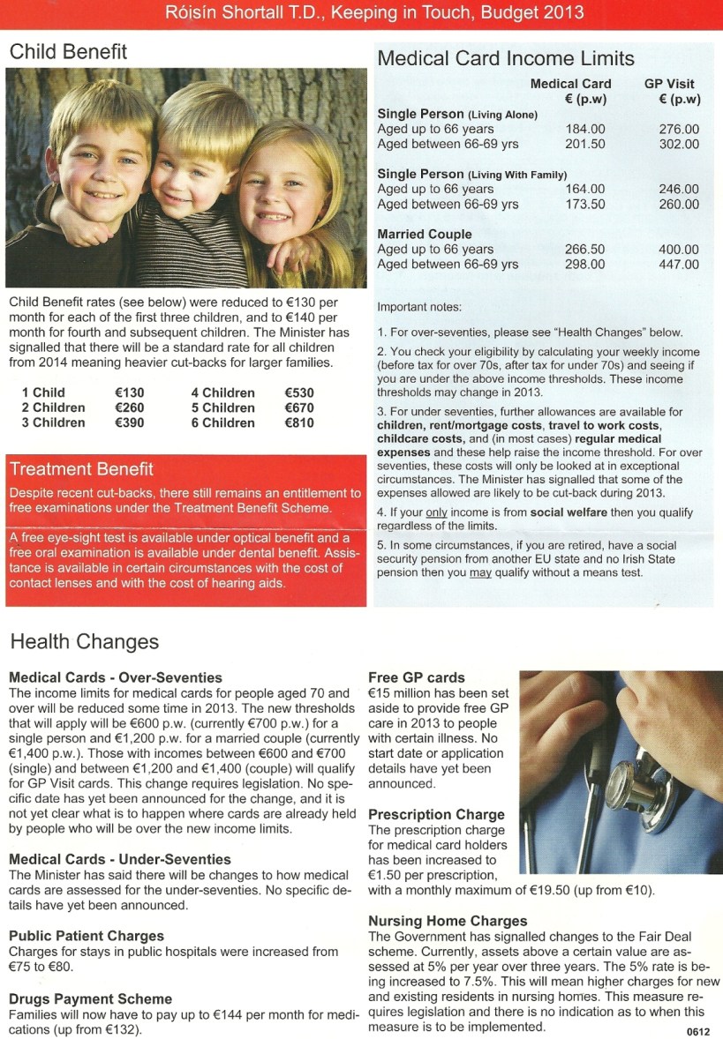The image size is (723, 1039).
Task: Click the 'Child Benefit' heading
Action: (68, 52)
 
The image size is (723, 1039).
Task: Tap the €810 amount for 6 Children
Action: (299, 423)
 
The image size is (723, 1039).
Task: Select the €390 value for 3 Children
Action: (129, 423)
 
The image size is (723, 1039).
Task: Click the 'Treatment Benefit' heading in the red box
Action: (81, 469)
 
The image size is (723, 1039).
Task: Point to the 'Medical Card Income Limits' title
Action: (506, 59)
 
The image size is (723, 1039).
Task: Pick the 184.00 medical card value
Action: (584, 129)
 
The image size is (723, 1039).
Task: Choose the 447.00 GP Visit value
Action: (678, 265)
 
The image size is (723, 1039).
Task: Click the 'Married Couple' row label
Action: (425, 235)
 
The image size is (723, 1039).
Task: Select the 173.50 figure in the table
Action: (584, 205)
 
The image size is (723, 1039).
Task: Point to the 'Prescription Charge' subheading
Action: (436, 814)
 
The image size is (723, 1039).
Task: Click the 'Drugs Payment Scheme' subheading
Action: (91, 999)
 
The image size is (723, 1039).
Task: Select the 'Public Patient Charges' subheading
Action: (87, 936)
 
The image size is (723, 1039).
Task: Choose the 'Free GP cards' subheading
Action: (417, 677)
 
